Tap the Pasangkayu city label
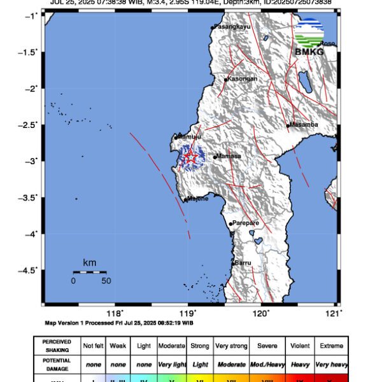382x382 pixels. point(234,27)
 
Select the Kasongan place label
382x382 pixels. point(243,79)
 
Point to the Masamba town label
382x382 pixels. point(304,125)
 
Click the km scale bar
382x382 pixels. point(89,272)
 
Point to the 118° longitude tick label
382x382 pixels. point(115,313)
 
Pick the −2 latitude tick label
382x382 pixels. point(31,88)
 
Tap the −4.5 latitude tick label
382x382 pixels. point(28,270)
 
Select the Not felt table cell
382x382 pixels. point(92,346)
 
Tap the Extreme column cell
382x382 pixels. point(331,346)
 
